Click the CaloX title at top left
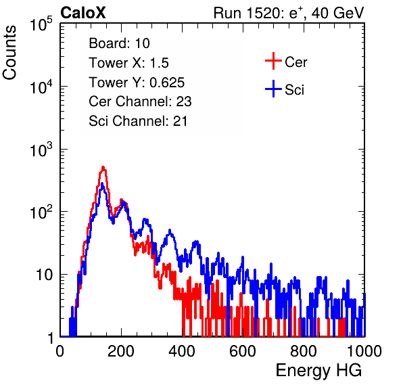(82, 13)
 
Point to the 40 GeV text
(337, 13)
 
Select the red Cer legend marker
(273, 61)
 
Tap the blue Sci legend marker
(273, 89)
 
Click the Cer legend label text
(295, 62)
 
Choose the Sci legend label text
(294, 90)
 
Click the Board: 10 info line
(119, 43)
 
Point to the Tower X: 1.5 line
(128, 63)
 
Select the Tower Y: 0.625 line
(137, 83)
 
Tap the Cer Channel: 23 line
(140, 101)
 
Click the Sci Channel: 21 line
(138, 121)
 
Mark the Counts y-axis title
(9, 53)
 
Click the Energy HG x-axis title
(318, 370)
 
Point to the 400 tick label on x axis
(182, 351)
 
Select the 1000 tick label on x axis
(364, 351)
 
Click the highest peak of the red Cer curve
(103, 167)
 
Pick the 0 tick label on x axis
(60, 351)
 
